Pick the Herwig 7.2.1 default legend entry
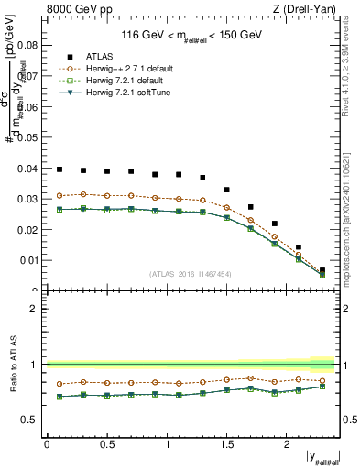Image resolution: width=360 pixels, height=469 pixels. click(114, 80)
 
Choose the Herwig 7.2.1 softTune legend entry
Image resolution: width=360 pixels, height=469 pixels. click(115, 92)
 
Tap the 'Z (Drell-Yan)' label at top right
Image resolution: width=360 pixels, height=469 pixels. click(310, 10)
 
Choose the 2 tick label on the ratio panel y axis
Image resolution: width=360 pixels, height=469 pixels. click(34, 309)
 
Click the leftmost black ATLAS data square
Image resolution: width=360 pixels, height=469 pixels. click(60, 169)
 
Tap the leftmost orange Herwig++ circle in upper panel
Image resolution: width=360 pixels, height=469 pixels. click(60, 195)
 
